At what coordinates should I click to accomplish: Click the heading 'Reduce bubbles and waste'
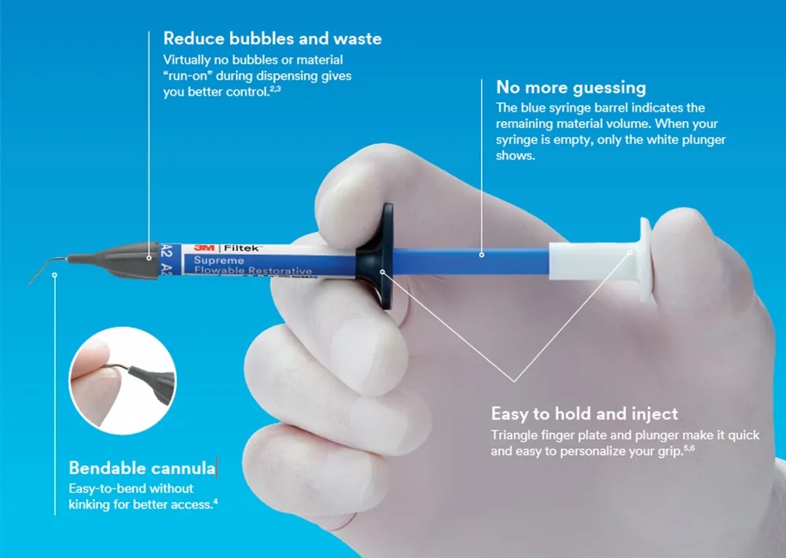coord(272,39)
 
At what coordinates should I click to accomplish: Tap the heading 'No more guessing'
coord(571,88)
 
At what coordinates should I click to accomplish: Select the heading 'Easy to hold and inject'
coord(584,413)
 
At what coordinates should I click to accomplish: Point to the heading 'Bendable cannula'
coord(141,468)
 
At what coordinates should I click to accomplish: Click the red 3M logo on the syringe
coord(204,248)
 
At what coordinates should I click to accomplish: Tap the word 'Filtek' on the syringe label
coord(242,248)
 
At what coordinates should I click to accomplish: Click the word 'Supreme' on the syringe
coord(219,260)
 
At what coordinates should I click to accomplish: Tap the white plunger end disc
coord(645,259)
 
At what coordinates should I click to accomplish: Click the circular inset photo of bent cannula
coord(123,380)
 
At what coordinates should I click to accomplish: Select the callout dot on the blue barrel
coord(481,255)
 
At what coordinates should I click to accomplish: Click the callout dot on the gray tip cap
coord(149,258)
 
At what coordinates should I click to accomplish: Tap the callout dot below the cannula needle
coord(55,275)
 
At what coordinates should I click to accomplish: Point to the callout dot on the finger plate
coord(382,272)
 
